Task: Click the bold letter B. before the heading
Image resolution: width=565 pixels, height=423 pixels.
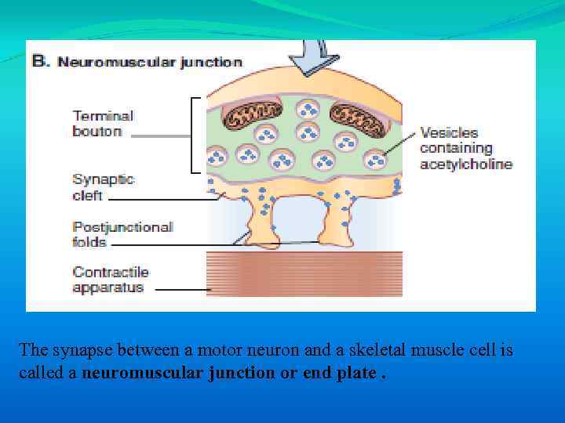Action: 40,61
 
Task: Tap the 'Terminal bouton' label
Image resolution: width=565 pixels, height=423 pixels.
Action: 103,124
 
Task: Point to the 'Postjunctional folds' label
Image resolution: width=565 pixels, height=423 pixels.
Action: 122,234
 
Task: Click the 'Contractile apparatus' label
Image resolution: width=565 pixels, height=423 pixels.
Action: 110,280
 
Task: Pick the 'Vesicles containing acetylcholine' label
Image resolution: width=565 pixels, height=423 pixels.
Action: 466,148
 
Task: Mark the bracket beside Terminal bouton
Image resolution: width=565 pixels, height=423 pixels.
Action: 193,135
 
